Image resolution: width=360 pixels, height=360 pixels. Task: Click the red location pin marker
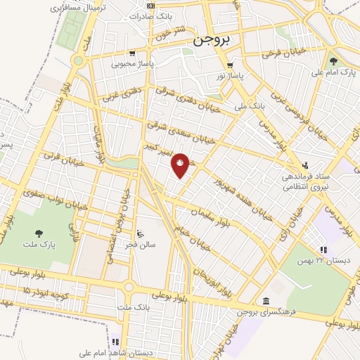click(181, 164)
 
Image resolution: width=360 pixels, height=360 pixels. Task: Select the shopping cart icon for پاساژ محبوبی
click(131, 53)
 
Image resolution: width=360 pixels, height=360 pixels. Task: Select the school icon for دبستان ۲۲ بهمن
click(323, 249)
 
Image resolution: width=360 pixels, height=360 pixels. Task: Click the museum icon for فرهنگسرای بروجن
click(266, 302)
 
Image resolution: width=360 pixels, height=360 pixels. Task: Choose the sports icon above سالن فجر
click(139, 233)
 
